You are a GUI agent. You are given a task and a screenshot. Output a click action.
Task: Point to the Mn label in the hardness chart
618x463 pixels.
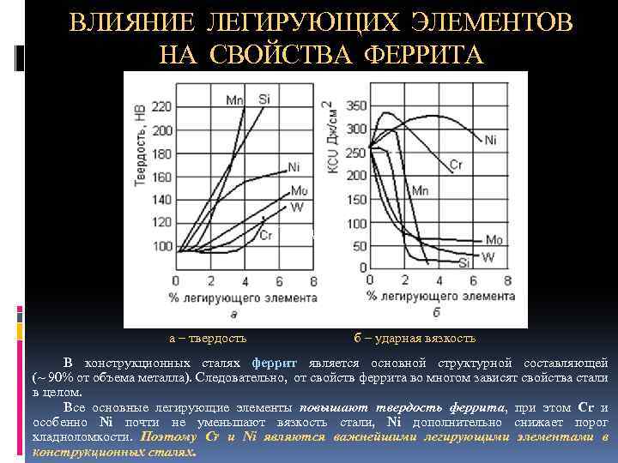coord(234,100)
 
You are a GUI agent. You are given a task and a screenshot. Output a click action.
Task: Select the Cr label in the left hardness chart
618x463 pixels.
coord(266,235)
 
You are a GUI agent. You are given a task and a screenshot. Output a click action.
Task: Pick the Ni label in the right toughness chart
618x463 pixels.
coord(490,140)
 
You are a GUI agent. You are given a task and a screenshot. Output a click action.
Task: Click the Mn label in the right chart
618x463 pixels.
coord(420,189)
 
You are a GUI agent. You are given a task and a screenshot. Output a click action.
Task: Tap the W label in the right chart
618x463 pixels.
coord(488,257)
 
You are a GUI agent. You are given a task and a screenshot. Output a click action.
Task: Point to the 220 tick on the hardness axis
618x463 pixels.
coord(161,107)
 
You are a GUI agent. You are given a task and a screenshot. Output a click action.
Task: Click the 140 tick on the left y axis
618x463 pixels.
coord(161,200)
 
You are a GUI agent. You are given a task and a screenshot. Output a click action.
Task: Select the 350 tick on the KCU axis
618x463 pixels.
coord(356,105)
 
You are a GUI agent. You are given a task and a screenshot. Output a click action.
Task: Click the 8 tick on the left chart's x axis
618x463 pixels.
coord(314,281)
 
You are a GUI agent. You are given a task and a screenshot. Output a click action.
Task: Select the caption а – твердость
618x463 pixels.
coord(207,338)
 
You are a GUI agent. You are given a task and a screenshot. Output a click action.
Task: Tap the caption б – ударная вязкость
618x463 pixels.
coord(415,338)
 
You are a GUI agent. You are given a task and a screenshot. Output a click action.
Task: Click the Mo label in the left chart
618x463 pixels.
coord(299,189)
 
